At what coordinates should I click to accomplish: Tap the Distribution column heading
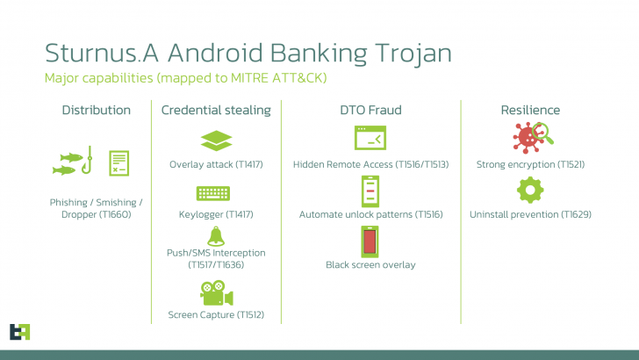(x=96, y=110)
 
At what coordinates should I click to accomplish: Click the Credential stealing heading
(x=216, y=110)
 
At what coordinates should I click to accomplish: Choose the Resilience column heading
(x=530, y=110)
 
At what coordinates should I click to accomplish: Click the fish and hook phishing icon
(x=73, y=162)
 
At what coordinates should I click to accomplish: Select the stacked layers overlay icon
(x=216, y=140)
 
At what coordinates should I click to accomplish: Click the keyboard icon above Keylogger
(x=216, y=192)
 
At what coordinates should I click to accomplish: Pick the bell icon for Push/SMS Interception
(x=216, y=235)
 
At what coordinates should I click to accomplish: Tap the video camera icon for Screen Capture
(x=216, y=292)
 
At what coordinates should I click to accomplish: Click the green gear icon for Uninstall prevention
(x=530, y=190)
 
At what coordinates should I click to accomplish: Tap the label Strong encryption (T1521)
(x=530, y=164)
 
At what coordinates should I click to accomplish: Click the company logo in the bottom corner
(x=20, y=332)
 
